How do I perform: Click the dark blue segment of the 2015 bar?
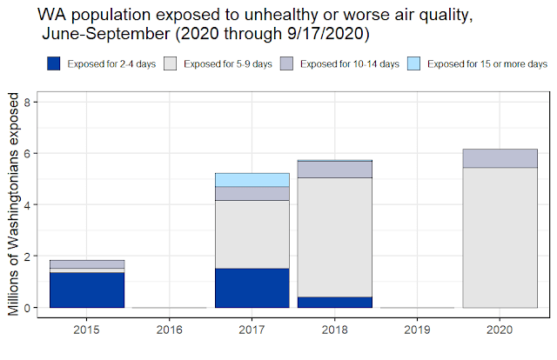(86, 290)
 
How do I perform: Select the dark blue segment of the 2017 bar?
(252, 288)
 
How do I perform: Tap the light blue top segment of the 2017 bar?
(252, 180)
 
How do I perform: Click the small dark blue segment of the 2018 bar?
(334, 302)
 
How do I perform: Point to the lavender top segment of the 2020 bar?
(500, 158)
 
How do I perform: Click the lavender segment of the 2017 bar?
(252, 194)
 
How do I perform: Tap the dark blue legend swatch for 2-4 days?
(53, 64)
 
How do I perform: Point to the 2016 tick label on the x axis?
(169, 330)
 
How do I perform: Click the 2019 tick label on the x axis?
(417, 330)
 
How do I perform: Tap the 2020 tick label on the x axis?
(500, 330)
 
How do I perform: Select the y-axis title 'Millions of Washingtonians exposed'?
(13, 205)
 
